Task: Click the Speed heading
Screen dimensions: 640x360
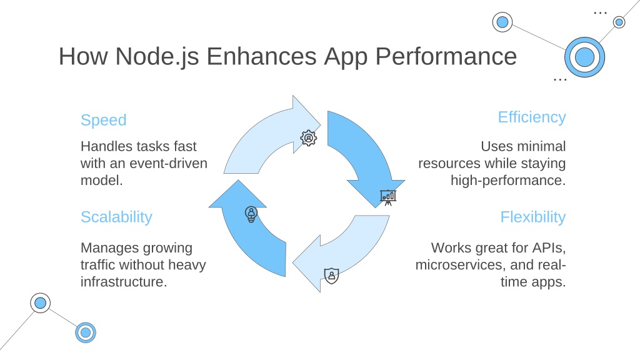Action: (104, 121)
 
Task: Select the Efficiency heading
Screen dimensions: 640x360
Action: (532, 117)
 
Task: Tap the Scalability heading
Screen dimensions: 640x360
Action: (116, 217)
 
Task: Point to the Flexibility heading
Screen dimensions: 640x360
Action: (533, 217)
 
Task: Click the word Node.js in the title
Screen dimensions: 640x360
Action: (157, 56)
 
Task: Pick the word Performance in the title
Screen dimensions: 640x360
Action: (446, 56)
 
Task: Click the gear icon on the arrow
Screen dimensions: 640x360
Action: (309, 138)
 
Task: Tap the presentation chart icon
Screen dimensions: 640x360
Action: (388, 197)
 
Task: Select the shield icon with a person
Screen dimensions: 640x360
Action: (331, 276)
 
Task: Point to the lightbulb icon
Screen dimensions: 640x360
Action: (251, 214)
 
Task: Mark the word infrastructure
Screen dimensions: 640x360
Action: (124, 282)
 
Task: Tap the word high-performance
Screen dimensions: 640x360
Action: (508, 181)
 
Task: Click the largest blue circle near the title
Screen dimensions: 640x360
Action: (584, 57)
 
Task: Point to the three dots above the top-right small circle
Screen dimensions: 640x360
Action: (600, 13)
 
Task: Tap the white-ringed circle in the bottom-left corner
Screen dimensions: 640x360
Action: (41, 303)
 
